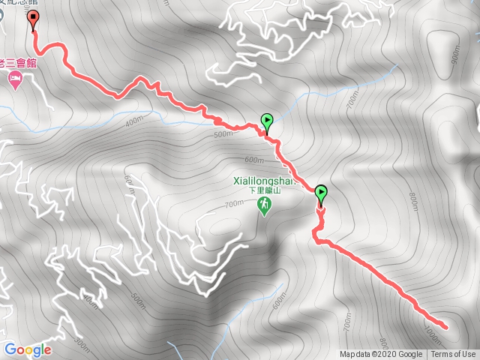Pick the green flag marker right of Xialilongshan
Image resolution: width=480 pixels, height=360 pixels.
click(321, 194)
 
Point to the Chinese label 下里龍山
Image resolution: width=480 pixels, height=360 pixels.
click(265, 191)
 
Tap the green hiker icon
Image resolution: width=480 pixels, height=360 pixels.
click(264, 205)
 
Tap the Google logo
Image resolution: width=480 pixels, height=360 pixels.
click(28, 349)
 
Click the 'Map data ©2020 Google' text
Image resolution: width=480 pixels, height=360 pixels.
click(380, 355)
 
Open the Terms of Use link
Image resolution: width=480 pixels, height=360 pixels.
click(452, 355)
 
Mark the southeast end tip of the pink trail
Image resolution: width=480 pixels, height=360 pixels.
click(445, 326)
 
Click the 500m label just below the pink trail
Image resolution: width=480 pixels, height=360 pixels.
click(223, 135)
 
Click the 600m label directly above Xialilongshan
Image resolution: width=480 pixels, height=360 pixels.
click(254, 160)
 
